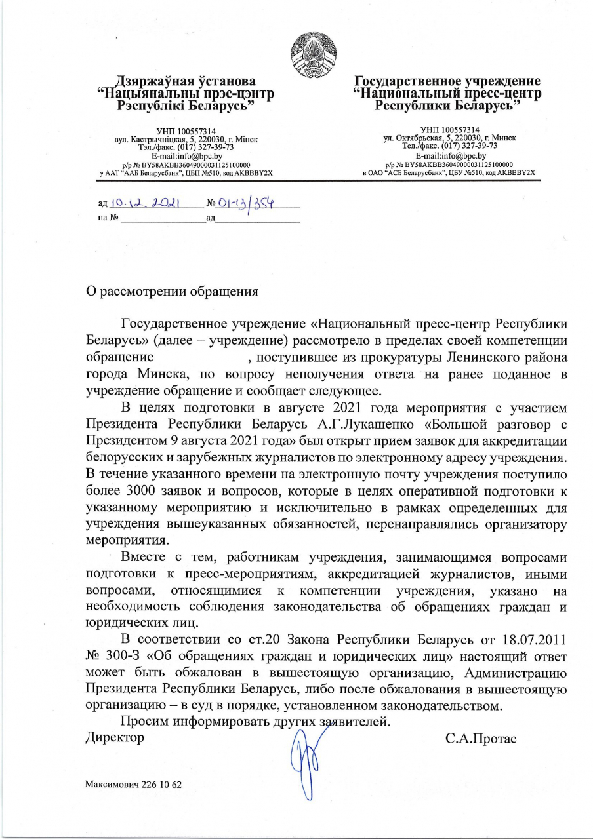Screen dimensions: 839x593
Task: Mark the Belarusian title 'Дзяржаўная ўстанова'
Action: tap(186, 82)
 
